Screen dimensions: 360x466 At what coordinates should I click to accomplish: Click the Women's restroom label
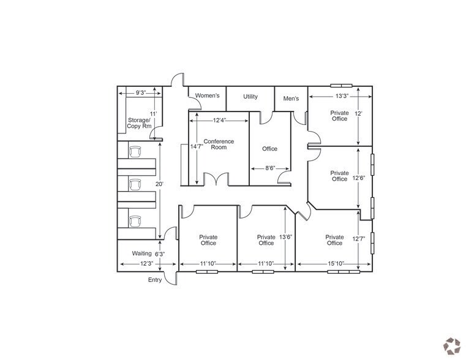207,97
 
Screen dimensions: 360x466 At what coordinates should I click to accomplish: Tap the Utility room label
250,97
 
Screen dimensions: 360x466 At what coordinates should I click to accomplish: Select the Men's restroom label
291,99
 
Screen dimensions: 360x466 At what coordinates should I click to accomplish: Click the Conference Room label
219,144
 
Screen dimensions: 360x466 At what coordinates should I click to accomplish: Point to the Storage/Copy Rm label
138,123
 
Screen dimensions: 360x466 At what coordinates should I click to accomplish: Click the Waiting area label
142,253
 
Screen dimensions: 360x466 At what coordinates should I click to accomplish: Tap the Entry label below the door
156,280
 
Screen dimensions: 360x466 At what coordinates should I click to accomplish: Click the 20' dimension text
159,184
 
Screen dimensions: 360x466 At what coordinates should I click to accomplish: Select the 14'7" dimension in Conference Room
196,147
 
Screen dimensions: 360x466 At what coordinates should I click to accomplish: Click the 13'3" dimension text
341,96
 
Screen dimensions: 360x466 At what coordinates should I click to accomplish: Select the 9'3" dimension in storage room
140,93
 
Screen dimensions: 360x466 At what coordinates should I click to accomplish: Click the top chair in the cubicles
135,151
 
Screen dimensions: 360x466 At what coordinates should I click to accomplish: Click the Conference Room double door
215,180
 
